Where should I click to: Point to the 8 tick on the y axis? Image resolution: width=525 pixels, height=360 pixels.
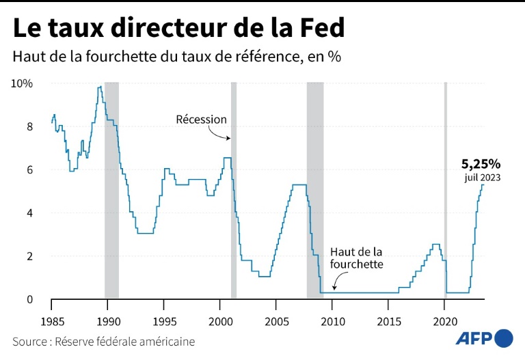tap(29, 126)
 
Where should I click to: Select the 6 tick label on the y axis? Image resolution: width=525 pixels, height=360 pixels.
tap(29, 169)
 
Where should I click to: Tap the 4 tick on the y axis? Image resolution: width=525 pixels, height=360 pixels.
tap(29, 213)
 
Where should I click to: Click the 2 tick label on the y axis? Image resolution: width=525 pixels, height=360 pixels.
tap(29, 256)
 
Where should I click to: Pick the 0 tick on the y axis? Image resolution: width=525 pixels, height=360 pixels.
tap(29, 299)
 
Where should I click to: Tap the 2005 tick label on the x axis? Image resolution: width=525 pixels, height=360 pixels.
tap(276, 322)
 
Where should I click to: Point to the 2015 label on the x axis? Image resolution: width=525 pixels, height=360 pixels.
tap(389, 322)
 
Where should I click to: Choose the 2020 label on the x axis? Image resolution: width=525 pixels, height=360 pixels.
tap(445, 322)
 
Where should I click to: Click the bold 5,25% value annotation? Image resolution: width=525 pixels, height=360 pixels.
tap(481, 164)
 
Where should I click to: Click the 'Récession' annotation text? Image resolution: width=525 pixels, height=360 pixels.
tap(201, 120)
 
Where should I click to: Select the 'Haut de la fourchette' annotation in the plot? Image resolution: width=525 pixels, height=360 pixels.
tap(356, 258)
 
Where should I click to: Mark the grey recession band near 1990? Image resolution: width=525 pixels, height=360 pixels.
tap(111, 191)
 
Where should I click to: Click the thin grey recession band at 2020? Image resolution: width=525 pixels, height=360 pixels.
tap(446, 191)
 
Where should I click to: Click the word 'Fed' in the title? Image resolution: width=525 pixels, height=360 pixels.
tap(320, 29)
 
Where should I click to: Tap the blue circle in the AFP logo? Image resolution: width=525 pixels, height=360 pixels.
tap(503, 337)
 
